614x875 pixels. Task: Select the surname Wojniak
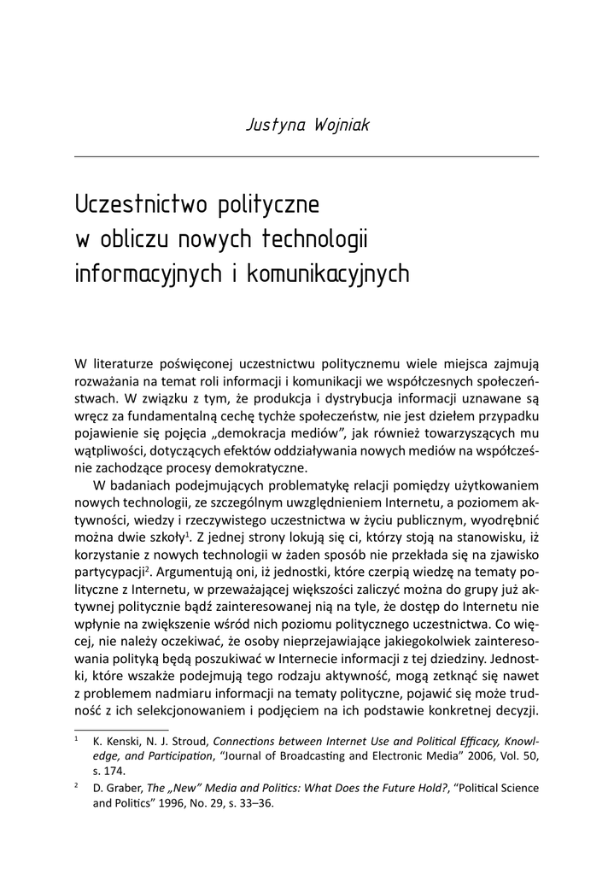341,125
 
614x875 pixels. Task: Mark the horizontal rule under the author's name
307,156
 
